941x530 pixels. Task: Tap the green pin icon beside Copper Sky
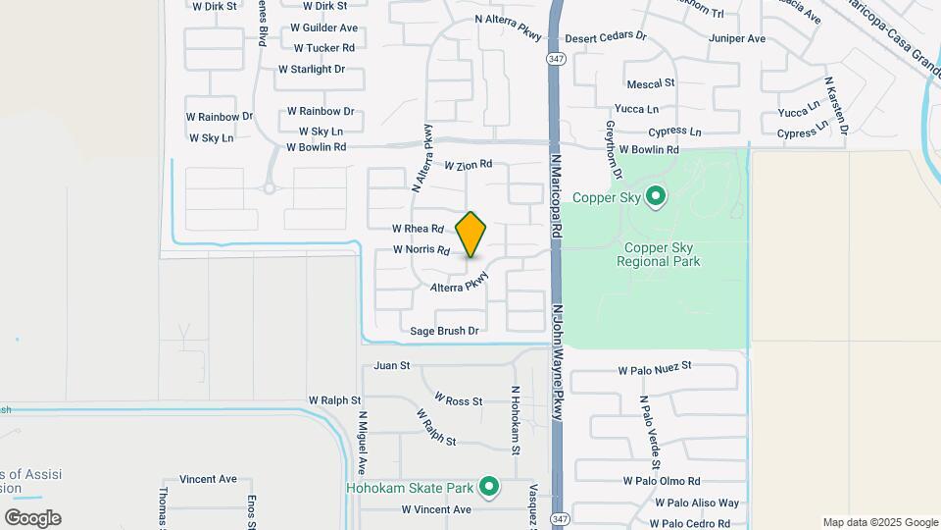point(656,197)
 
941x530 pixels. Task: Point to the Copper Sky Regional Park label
point(659,255)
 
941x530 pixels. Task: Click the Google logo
point(32,518)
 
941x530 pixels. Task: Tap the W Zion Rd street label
point(468,166)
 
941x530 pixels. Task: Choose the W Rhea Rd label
point(418,228)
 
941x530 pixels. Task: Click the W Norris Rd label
point(421,249)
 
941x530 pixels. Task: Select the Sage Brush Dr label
point(444,331)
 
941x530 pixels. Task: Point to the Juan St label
point(391,365)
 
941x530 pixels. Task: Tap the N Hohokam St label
point(515,420)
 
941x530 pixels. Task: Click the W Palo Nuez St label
point(655,368)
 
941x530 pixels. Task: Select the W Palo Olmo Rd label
point(662,481)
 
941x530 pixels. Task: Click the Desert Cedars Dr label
point(607,35)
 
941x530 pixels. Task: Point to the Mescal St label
point(651,83)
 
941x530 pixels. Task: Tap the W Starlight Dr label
point(312,69)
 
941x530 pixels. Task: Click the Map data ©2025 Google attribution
point(880,522)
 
